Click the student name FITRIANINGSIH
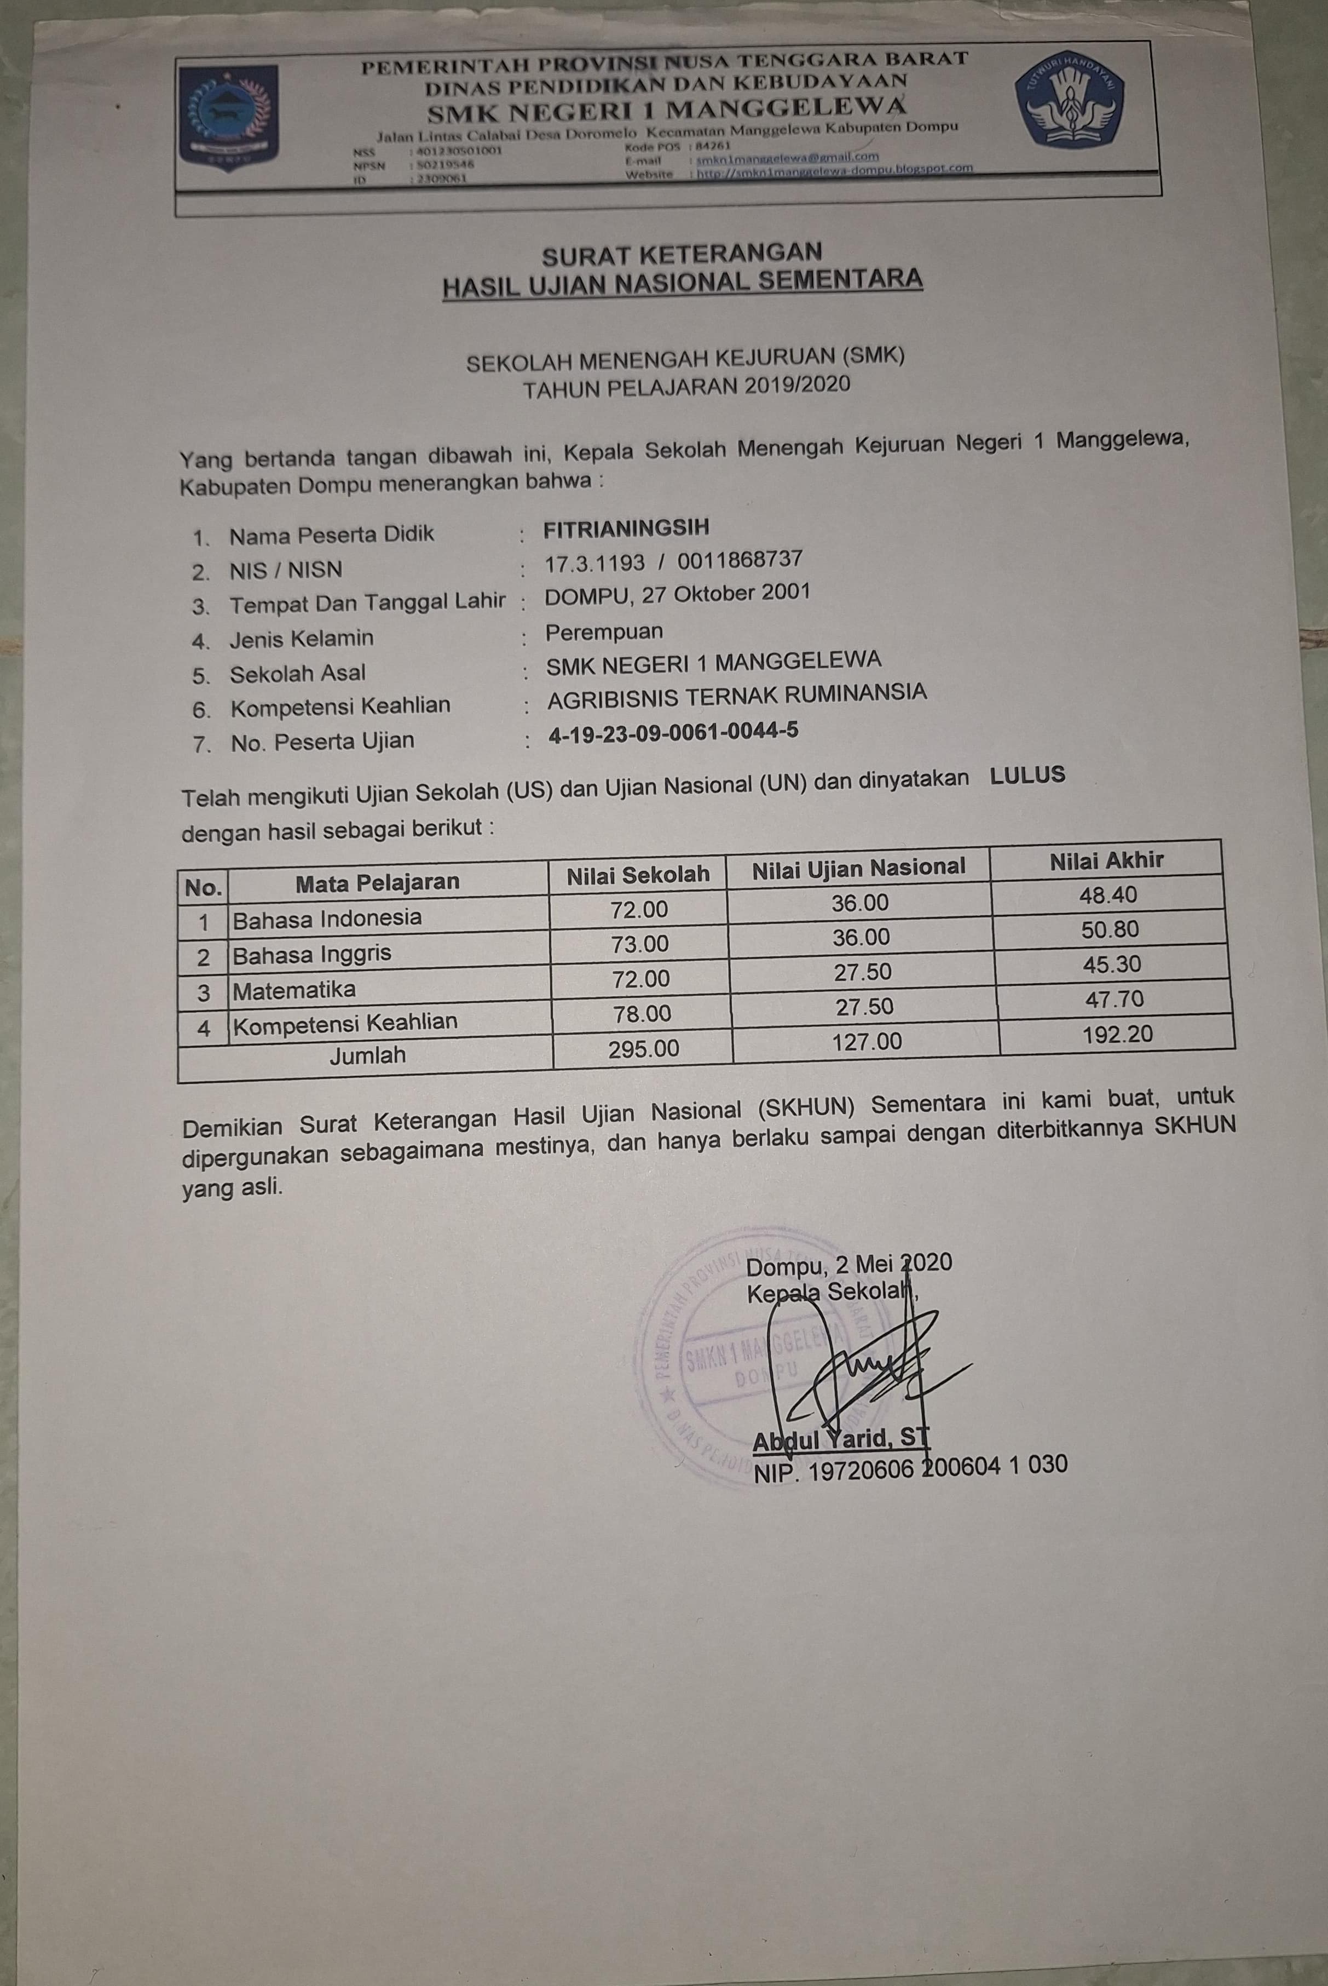pos(626,529)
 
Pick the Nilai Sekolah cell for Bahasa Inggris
pos(639,944)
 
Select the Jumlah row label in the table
pos(367,1055)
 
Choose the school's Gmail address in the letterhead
pos(787,158)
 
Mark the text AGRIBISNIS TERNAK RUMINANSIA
pos(736,697)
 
